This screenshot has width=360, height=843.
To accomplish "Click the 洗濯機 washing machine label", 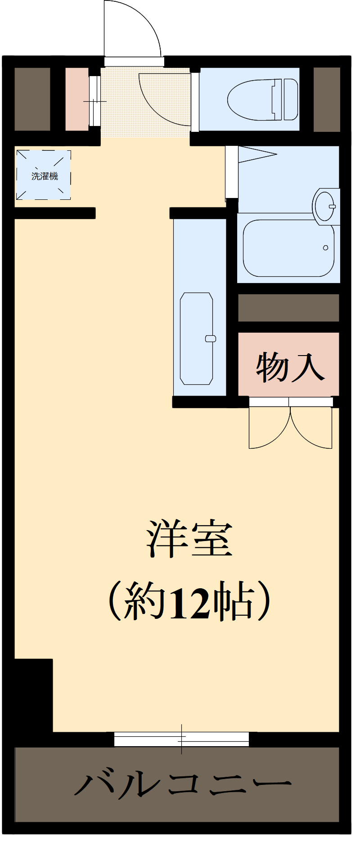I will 45,176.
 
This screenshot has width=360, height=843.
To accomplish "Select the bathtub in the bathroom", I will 288,248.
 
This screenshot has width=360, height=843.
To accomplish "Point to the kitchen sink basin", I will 197,338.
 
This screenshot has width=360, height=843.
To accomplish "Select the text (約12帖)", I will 189,601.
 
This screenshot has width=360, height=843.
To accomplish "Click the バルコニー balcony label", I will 183,785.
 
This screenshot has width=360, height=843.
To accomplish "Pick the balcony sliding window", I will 181,739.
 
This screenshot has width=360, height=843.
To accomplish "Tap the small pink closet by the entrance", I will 77,99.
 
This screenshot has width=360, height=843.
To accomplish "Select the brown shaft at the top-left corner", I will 32,99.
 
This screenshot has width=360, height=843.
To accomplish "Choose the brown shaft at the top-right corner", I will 327,99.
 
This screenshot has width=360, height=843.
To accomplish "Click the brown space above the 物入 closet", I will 288,308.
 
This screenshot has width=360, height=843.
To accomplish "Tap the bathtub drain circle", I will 325,248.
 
